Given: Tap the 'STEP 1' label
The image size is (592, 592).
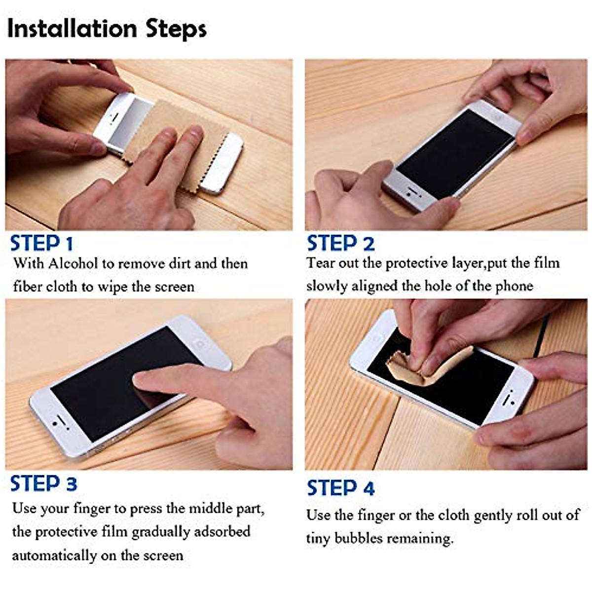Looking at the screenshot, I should [41, 244].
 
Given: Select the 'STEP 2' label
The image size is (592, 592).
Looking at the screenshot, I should [340, 244].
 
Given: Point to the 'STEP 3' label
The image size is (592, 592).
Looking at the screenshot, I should [43, 484].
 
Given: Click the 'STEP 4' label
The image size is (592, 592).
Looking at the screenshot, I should [340, 488].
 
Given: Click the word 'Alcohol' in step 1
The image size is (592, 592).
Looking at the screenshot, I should [73, 263].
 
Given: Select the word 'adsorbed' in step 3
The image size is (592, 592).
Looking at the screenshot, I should [222, 532].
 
